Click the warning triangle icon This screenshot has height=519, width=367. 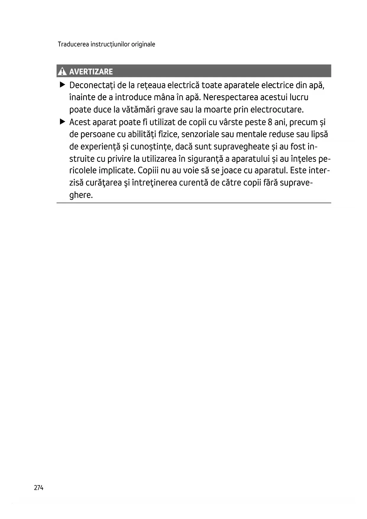(62, 71)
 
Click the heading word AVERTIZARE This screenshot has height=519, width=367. (91, 72)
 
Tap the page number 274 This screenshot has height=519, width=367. (39, 488)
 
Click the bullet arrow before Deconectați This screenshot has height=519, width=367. (62, 85)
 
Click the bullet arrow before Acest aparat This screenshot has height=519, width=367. (62, 122)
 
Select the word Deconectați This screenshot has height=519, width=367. (92, 86)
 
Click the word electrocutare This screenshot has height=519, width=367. (277, 110)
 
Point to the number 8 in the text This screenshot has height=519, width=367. (270, 122)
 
